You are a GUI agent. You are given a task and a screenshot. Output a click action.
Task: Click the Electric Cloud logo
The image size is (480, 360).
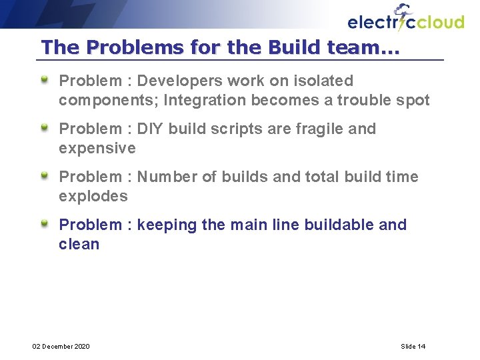click(x=405, y=19)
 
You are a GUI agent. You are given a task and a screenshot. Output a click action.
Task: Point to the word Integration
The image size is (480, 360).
click(x=203, y=101)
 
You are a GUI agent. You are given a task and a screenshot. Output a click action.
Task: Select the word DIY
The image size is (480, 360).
click(x=150, y=129)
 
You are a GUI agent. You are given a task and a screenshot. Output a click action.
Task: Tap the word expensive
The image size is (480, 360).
click(x=97, y=148)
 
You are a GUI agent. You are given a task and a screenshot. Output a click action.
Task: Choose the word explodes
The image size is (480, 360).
click(x=93, y=196)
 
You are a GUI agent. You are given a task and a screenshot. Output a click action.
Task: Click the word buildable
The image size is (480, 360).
click(x=339, y=225)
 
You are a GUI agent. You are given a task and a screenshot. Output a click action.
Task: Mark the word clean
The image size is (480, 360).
click(x=79, y=244)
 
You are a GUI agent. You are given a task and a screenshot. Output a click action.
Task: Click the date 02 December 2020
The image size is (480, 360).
click(x=61, y=346)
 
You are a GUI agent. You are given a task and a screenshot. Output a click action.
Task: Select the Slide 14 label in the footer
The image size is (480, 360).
click(x=413, y=346)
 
